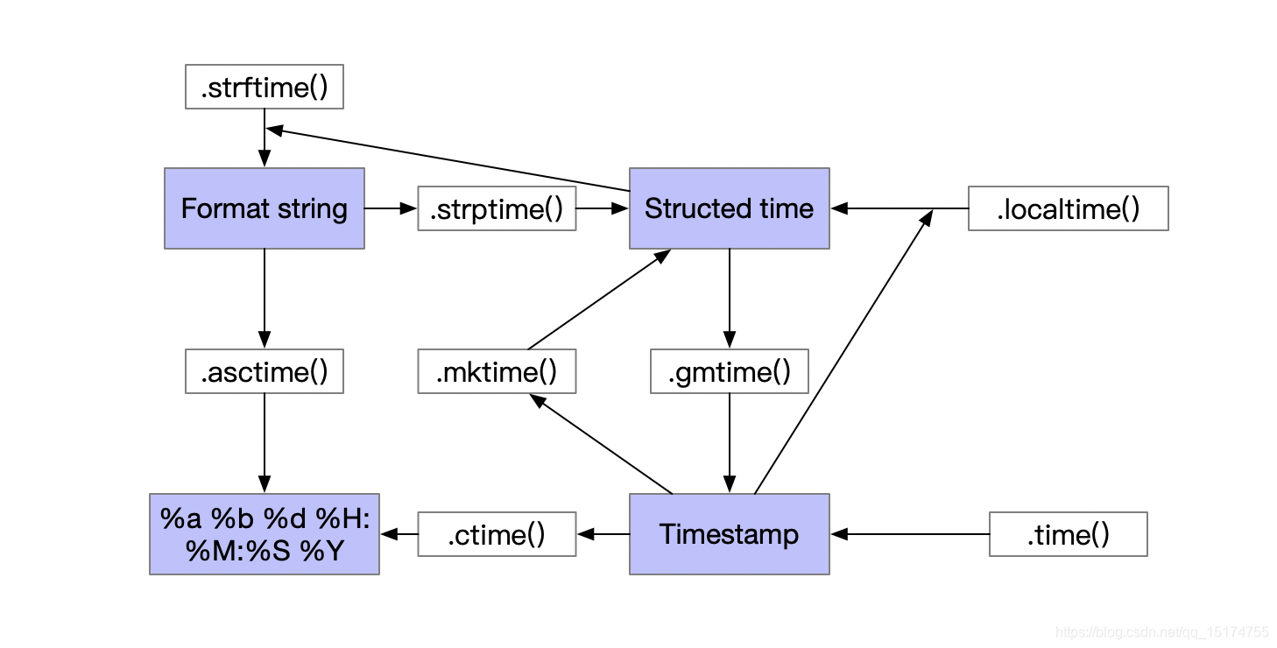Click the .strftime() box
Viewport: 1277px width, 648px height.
tap(265, 87)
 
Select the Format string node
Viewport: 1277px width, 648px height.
tap(265, 208)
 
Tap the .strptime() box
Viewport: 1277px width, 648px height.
tap(497, 208)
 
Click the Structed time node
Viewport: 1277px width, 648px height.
tap(729, 208)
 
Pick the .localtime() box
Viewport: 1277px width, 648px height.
tap(1068, 208)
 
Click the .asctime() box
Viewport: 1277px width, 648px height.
tap(265, 371)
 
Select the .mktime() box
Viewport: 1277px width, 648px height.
tap(497, 371)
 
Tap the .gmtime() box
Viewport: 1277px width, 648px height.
tap(729, 371)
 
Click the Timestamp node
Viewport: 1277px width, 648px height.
tap(729, 534)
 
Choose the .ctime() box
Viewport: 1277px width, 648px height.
tap(497, 534)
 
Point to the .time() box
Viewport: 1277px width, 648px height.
tap(1068, 534)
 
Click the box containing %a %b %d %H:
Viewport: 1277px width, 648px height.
tap(265, 534)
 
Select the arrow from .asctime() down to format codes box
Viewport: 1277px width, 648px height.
tap(265, 442)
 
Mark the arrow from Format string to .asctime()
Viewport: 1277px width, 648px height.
tap(265, 299)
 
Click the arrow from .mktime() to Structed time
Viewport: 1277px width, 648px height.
tap(600, 299)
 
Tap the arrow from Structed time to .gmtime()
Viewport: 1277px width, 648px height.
tap(729, 299)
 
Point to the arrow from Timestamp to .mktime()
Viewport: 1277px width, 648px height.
tap(601, 443)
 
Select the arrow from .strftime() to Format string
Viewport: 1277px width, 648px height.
tap(265, 137)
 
